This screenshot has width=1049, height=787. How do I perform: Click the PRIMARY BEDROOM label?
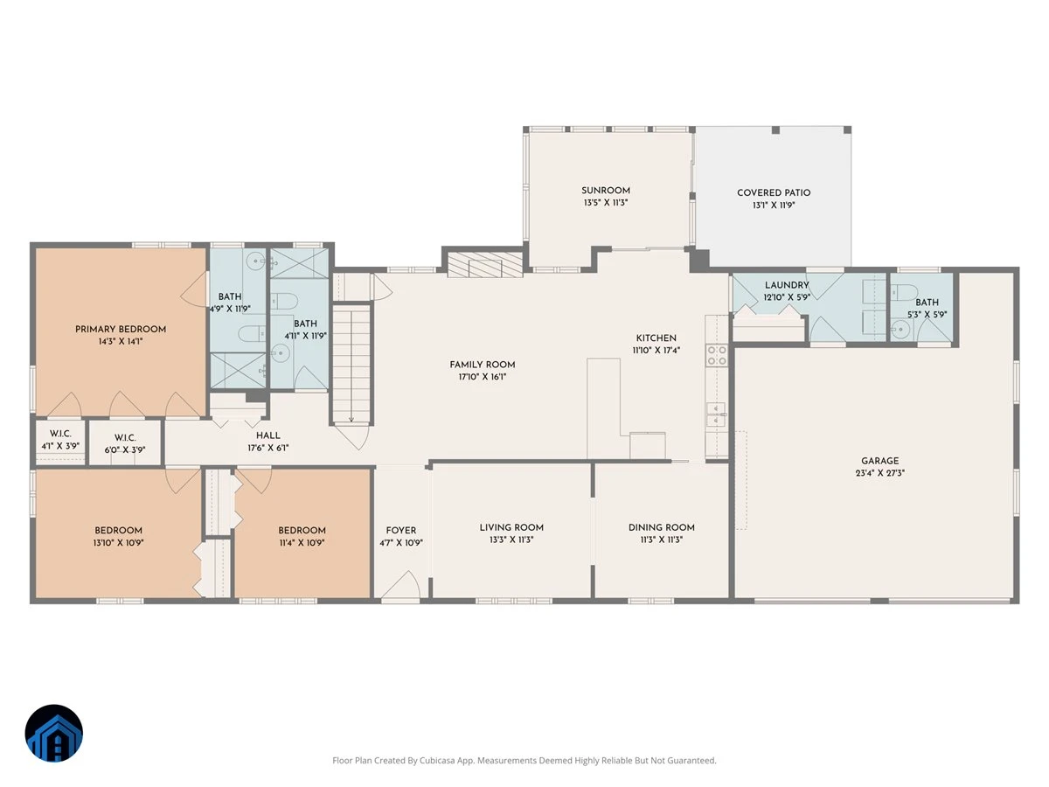(121, 330)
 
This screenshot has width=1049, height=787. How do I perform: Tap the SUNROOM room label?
(606, 190)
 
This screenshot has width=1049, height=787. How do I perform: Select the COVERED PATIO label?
(774, 192)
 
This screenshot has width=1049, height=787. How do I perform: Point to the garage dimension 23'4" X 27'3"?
(879, 473)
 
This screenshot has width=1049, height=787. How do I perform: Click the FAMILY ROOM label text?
(483, 365)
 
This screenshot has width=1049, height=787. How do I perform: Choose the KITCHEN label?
(656, 338)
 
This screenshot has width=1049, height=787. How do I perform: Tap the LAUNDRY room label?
(787, 285)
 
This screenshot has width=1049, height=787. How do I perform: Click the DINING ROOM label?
(662, 527)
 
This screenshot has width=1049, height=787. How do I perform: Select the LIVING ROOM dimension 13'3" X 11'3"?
(511, 540)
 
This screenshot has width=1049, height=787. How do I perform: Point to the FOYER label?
(401, 531)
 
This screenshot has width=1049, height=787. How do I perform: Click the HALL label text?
(268, 435)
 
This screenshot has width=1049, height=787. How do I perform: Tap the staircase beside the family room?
(351, 365)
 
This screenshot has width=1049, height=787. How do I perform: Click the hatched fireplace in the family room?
(485, 264)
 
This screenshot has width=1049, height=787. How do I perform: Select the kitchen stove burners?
(717, 355)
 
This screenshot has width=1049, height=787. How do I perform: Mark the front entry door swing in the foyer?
(400, 584)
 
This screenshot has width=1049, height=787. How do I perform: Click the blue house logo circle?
(54, 733)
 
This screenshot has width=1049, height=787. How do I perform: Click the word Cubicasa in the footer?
(437, 761)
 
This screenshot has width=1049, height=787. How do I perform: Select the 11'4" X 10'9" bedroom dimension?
(302, 543)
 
